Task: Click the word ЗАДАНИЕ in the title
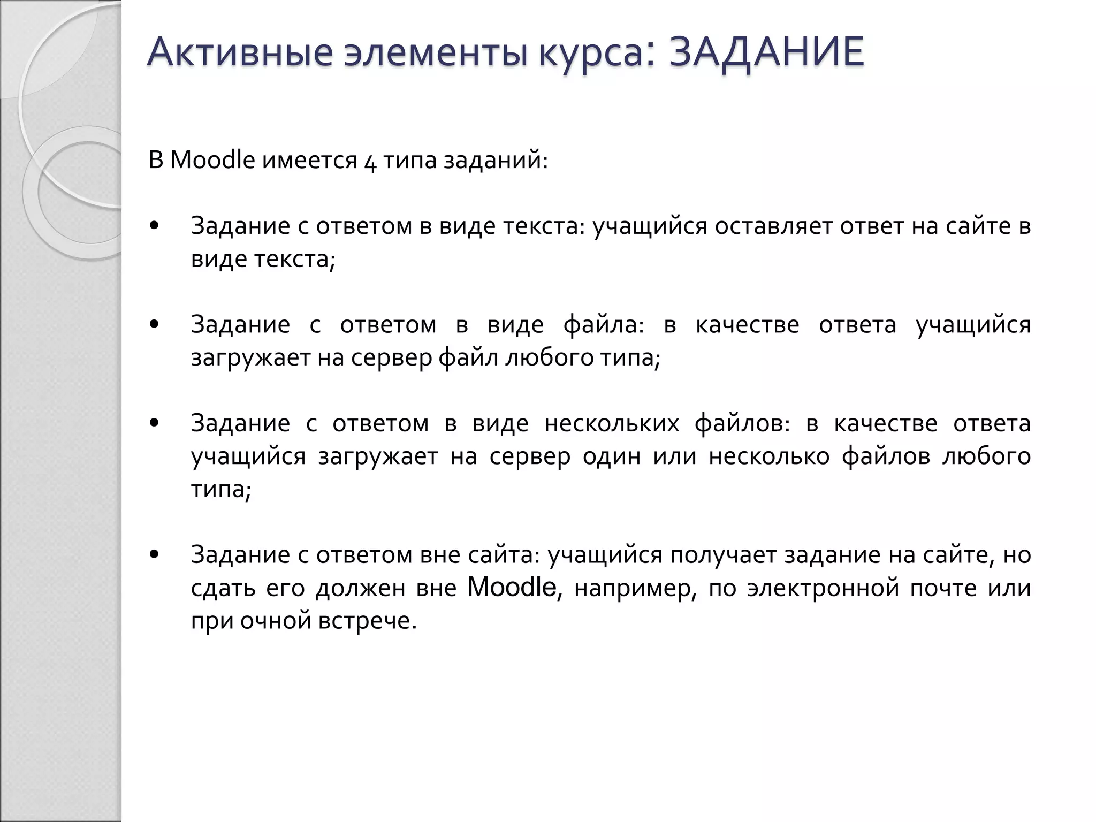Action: (766, 52)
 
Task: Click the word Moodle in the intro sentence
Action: (212, 160)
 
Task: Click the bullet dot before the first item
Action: (155, 226)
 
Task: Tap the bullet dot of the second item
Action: (155, 324)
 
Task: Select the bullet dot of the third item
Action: (155, 423)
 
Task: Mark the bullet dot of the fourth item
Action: (155, 554)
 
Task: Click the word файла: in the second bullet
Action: (604, 325)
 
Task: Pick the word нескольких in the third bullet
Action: (612, 423)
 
